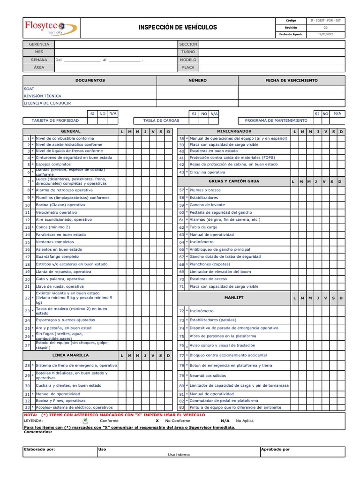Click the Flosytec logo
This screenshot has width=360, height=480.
click(51, 28)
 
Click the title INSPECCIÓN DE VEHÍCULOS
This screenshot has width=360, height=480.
click(178, 28)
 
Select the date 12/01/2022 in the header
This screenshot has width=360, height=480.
click(325, 34)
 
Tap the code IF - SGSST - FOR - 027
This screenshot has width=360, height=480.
click(325, 21)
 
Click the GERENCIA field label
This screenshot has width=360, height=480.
click(39, 44)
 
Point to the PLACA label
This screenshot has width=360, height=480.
click(188, 67)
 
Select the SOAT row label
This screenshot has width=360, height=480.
click(29, 89)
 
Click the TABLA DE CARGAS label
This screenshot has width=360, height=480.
click(161, 120)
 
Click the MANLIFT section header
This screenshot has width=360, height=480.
click(234, 298)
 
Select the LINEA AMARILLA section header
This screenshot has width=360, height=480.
click(70, 355)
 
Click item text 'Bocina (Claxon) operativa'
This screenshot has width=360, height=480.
click(60, 205)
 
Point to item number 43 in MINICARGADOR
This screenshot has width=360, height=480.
click(181, 172)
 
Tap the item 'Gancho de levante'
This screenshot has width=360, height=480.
click(207, 205)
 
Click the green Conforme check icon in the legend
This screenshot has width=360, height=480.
click(85, 420)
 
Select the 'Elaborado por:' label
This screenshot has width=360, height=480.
click(39, 449)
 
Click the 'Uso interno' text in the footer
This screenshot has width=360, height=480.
click(179, 455)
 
